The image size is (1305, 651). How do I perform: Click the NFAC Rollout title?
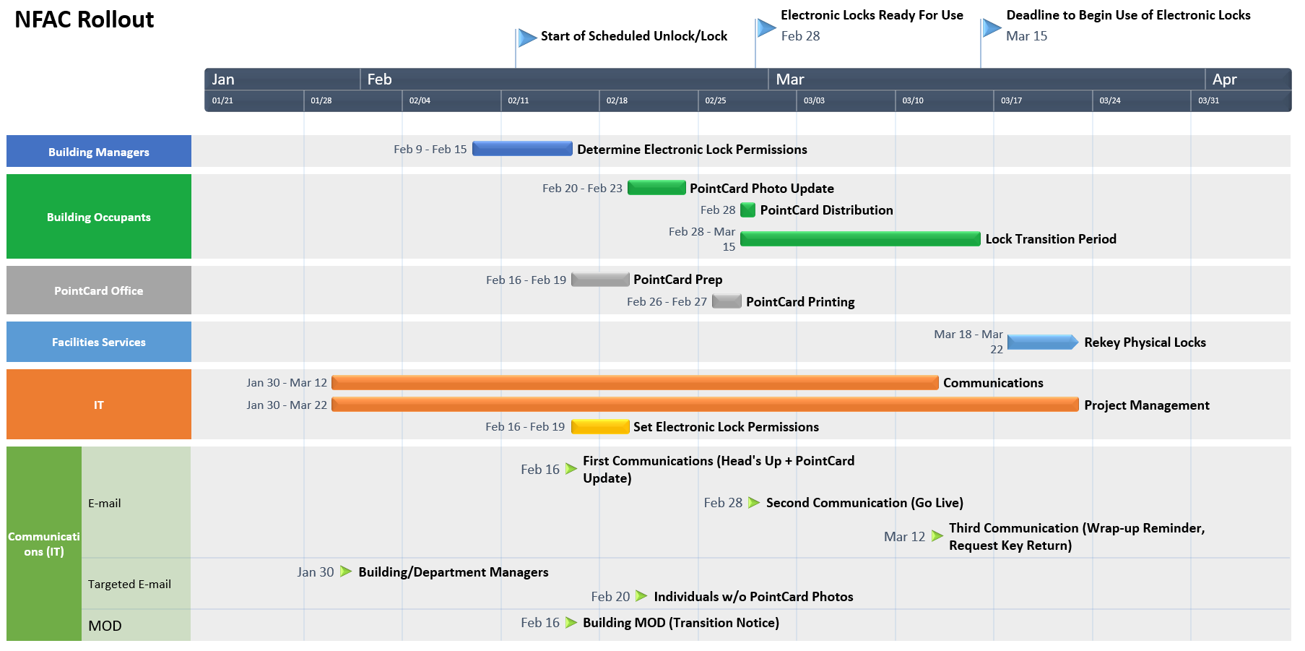pyautogui.click(x=84, y=20)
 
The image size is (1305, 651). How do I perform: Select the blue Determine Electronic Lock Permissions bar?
pyautogui.click(x=522, y=149)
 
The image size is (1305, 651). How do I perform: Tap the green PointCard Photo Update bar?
pyautogui.click(x=656, y=188)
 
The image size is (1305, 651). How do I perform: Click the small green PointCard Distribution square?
pyautogui.click(x=748, y=210)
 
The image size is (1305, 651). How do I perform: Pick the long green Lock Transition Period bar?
pyautogui.click(x=860, y=239)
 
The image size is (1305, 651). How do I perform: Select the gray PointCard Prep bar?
pyautogui.click(x=600, y=280)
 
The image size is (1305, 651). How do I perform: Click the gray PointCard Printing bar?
pyautogui.click(x=727, y=301)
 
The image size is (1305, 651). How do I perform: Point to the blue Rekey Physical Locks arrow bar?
pyautogui.click(x=1042, y=342)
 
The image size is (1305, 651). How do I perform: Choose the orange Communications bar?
pyautogui.click(x=635, y=382)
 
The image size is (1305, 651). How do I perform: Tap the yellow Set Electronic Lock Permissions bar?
pyautogui.click(x=600, y=426)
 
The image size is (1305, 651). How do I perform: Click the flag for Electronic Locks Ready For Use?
pyautogui.click(x=766, y=28)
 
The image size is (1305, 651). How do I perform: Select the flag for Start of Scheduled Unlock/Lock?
pyautogui.click(x=527, y=37)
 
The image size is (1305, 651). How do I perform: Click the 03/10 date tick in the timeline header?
pyautogui.click(x=913, y=100)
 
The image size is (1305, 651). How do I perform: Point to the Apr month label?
pyautogui.click(x=1224, y=79)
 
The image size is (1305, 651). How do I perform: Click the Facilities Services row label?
pyautogui.click(x=99, y=342)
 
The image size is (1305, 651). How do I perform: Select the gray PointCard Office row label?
pyautogui.click(x=99, y=290)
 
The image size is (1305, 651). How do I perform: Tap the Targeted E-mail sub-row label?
pyautogui.click(x=130, y=584)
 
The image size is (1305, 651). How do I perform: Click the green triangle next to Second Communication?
pyautogui.click(x=754, y=502)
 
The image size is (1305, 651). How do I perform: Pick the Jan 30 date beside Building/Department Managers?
pyautogui.click(x=316, y=572)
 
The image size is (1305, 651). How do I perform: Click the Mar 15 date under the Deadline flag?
pyautogui.click(x=1026, y=36)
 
